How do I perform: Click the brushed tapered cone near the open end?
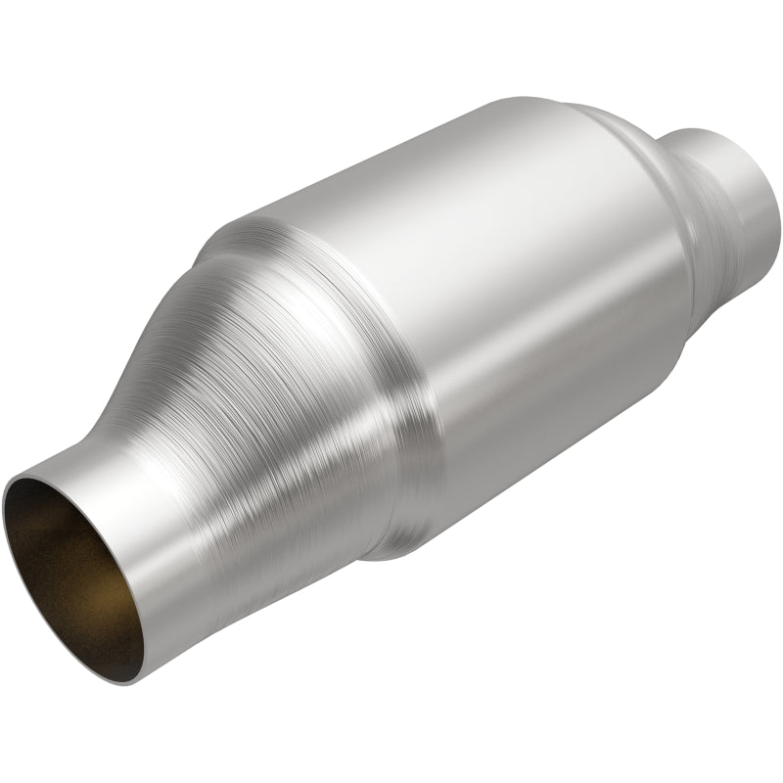[x=264, y=391]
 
